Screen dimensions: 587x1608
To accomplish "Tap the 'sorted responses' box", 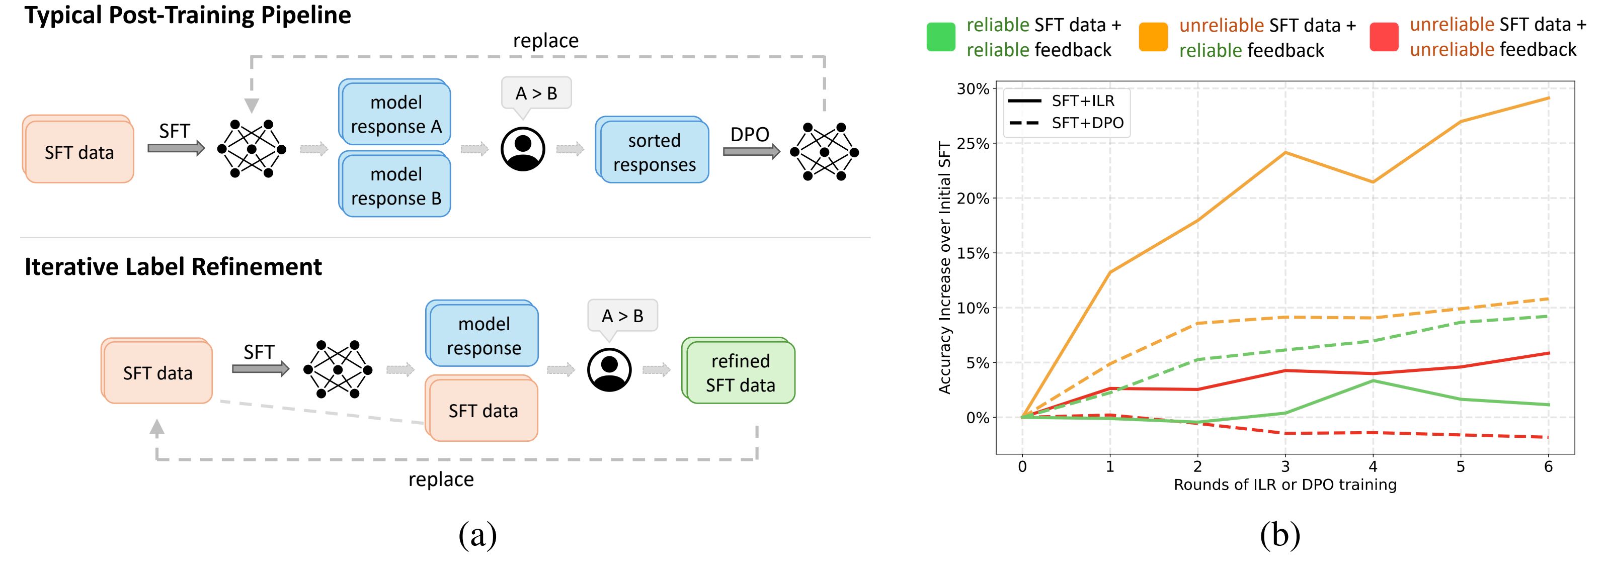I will [653, 152].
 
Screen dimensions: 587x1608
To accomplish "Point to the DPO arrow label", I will [749, 134].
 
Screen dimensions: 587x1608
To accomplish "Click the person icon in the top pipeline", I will [522, 149].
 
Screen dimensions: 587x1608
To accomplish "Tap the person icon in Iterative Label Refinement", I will [609, 370].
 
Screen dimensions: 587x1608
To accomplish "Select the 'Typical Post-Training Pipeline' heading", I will [187, 15].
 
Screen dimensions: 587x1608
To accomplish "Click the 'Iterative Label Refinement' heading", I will [173, 266].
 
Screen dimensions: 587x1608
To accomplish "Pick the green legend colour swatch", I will [941, 37].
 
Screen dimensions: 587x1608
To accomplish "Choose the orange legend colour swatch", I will [1153, 37].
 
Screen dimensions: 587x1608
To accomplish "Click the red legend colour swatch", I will [1383, 37].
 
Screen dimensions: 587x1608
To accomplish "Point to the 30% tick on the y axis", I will [973, 88].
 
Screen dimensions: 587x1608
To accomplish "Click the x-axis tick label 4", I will [1373, 466].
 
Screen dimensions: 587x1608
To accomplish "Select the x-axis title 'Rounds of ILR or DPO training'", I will [1284, 484].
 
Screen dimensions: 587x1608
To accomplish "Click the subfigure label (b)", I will [1279, 535].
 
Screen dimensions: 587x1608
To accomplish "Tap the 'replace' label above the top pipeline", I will [545, 41].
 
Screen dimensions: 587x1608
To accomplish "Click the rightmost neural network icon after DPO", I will [824, 152].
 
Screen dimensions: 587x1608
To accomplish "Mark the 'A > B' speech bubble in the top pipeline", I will [536, 93].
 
